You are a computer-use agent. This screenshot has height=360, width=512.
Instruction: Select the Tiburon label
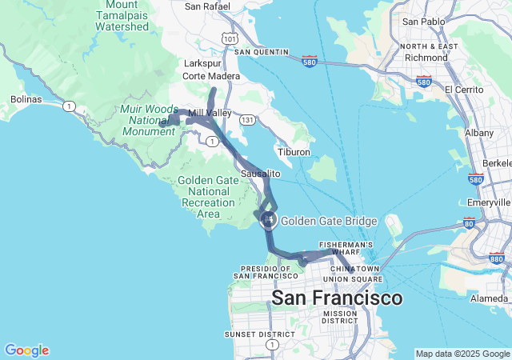point(293,152)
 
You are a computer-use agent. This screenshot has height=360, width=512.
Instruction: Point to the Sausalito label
point(261,174)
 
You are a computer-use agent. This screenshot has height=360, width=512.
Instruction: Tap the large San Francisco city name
point(337,298)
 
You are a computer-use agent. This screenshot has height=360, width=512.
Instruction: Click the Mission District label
point(340,317)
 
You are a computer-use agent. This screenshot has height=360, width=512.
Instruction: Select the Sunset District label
point(250,334)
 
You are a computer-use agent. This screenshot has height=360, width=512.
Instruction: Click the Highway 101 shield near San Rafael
point(229,38)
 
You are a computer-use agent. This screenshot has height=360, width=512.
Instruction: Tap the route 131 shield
point(250,119)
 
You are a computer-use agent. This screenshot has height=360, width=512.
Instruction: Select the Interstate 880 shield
point(496,258)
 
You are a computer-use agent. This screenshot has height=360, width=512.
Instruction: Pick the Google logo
point(26,350)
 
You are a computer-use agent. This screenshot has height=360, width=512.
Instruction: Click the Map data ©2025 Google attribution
point(462,354)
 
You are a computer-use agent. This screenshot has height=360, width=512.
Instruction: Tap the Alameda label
point(490,298)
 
